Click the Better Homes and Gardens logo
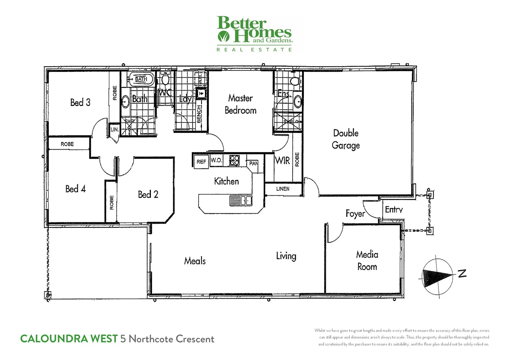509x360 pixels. click(x=255, y=34)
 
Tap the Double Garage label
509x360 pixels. click(x=346, y=139)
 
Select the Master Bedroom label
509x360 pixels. click(x=241, y=104)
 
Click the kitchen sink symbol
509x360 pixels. click(x=241, y=200)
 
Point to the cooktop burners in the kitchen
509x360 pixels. click(x=235, y=160)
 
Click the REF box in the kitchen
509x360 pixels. click(x=201, y=162)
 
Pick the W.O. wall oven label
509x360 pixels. click(x=217, y=160)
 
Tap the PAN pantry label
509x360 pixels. click(x=254, y=163)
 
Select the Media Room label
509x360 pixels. click(x=367, y=261)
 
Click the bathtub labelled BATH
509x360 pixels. click(x=141, y=79)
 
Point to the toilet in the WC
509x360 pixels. click(x=165, y=79)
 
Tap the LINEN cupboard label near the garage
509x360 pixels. click(x=283, y=189)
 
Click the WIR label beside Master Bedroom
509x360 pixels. click(x=282, y=161)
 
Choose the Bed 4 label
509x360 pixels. click(x=76, y=189)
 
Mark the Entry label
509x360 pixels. click(x=394, y=210)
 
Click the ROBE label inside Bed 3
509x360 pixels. click(x=115, y=93)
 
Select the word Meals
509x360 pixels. click(x=195, y=261)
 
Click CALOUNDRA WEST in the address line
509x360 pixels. click(x=69, y=339)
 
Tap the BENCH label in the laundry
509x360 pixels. click(x=199, y=114)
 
